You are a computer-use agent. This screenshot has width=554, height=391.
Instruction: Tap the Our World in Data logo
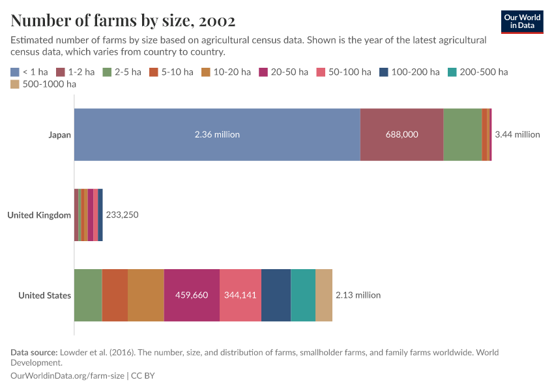[x=522, y=22]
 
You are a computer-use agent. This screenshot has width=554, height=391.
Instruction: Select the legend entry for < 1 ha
[x=29, y=72]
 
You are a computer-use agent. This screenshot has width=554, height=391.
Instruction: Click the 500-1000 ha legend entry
[x=44, y=84]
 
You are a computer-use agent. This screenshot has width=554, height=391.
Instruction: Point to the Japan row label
[x=59, y=135]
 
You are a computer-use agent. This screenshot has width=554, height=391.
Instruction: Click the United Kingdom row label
[x=39, y=215]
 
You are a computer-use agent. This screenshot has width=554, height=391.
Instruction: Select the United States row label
[x=44, y=295]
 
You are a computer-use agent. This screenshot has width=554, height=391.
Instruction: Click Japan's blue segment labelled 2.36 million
[x=217, y=135]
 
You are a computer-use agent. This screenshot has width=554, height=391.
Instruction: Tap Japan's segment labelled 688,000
[x=401, y=135]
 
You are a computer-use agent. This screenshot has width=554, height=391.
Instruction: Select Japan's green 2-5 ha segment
[x=463, y=135]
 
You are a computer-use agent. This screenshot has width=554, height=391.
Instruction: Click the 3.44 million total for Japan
[x=518, y=135]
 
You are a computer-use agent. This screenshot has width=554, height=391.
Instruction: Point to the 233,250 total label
[x=122, y=215]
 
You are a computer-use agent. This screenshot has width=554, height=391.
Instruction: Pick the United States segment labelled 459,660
[x=192, y=295]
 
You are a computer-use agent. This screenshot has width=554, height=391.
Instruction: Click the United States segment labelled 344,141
[x=241, y=295]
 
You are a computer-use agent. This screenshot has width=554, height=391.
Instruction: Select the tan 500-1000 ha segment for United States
[x=324, y=295]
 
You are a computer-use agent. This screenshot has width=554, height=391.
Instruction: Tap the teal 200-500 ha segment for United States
[x=303, y=295]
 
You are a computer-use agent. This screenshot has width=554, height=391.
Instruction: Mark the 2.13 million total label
[x=358, y=295]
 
